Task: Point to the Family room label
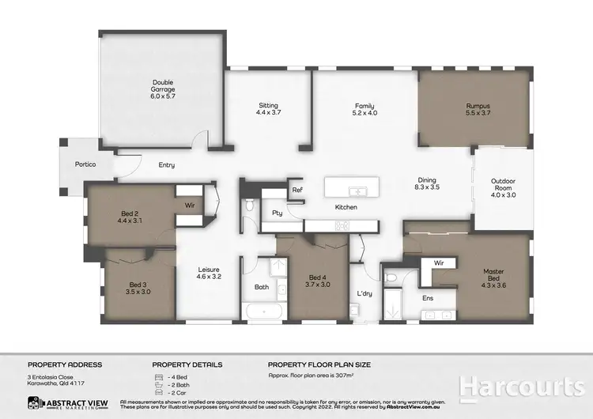[x=364, y=109]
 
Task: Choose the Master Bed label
[x=493, y=276]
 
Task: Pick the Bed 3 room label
[x=138, y=288]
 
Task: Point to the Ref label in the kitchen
[x=297, y=190]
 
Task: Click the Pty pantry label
[x=278, y=212]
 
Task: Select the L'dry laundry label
[x=364, y=293]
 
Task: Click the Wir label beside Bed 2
[x=190, y=205]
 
